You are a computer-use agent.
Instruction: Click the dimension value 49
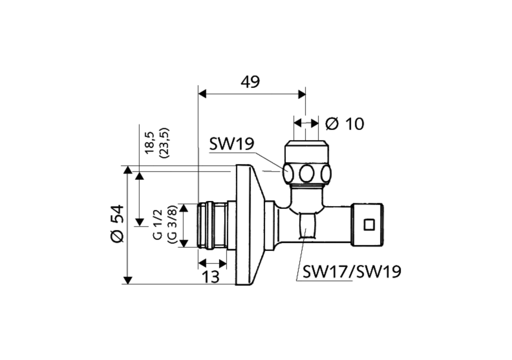(x=250, y=82)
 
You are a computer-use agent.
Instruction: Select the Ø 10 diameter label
(x=344, y=124)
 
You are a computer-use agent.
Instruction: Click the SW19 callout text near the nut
(x=232, y=144)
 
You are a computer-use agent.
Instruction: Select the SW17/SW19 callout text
(x=352, y=272)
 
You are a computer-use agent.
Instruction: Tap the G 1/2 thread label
(x=158, y=224)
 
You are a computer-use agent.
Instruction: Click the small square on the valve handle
(x=369, y=224)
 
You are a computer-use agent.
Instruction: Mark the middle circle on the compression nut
(x=307, y=174)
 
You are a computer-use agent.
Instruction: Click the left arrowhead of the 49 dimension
(x=202, y=94)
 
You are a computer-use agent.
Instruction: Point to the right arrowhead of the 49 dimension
(x=302, y=94)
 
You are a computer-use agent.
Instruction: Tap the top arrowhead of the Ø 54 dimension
(x=128, y=170)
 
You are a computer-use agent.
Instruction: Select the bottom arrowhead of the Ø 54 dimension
(x=128, y=280)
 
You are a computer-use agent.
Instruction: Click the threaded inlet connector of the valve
(x=212, y=226)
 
